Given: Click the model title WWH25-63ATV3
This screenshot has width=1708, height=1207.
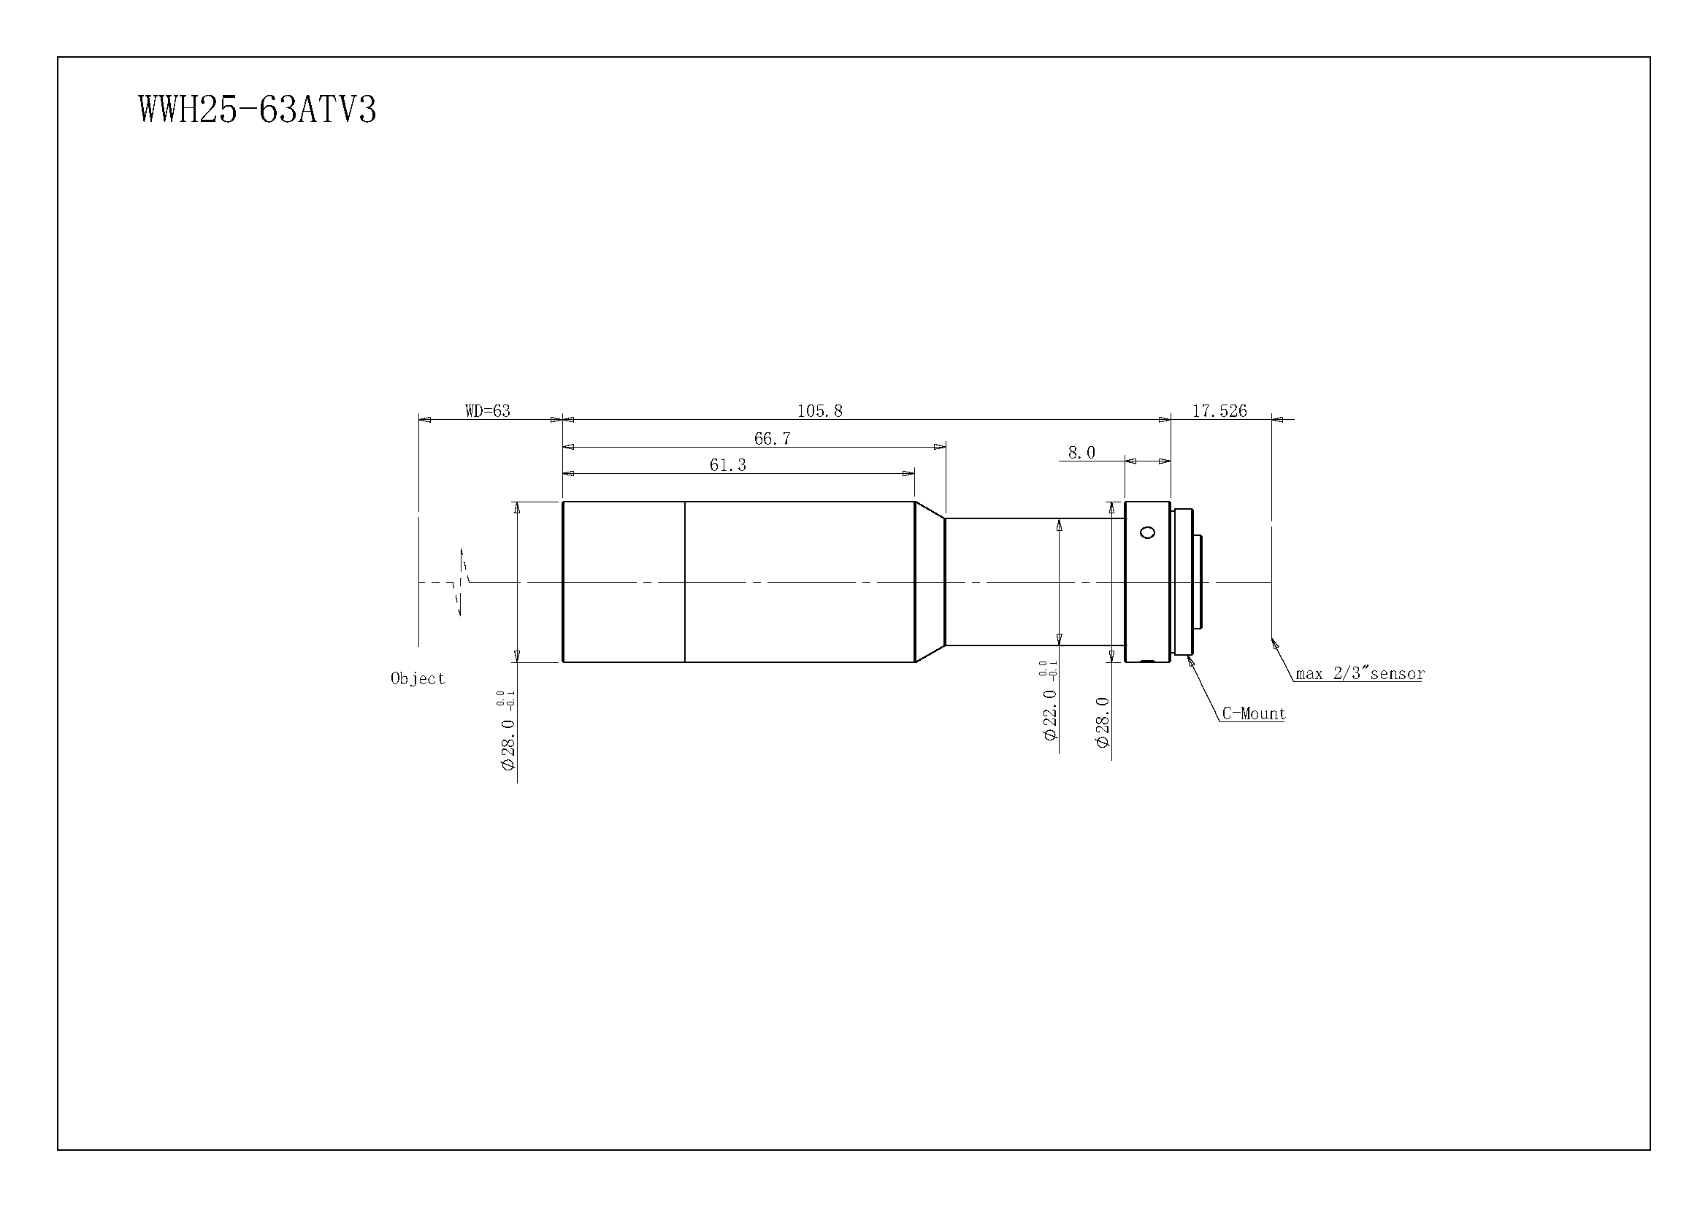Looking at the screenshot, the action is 257,110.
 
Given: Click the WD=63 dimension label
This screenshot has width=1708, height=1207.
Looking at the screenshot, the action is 487,410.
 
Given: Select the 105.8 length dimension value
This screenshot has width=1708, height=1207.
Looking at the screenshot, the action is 820,410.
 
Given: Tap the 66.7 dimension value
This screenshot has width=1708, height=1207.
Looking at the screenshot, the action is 772,438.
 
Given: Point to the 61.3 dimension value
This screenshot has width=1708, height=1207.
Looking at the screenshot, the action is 727,465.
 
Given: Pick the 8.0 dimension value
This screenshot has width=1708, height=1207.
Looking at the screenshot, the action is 1081,452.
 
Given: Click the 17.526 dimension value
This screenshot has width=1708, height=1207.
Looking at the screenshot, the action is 1220,410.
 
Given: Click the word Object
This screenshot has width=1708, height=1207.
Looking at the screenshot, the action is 418,678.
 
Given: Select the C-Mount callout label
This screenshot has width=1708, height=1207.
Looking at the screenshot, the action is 1255,713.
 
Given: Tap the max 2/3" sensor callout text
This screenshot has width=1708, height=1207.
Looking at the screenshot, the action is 1360,673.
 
